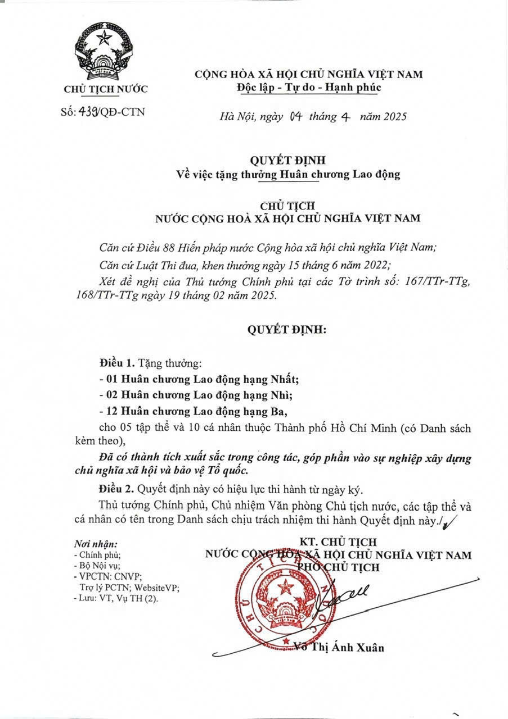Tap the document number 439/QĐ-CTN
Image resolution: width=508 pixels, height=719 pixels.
102,111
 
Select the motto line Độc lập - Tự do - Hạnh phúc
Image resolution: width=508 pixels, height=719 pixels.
309,88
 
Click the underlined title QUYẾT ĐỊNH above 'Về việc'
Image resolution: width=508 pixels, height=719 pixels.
287,161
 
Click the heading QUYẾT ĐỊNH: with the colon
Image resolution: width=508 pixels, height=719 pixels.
287,330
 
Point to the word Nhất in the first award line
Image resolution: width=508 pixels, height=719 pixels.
300,378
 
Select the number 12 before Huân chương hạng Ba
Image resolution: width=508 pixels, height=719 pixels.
111,412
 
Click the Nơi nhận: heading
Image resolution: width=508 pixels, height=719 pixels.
96,545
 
